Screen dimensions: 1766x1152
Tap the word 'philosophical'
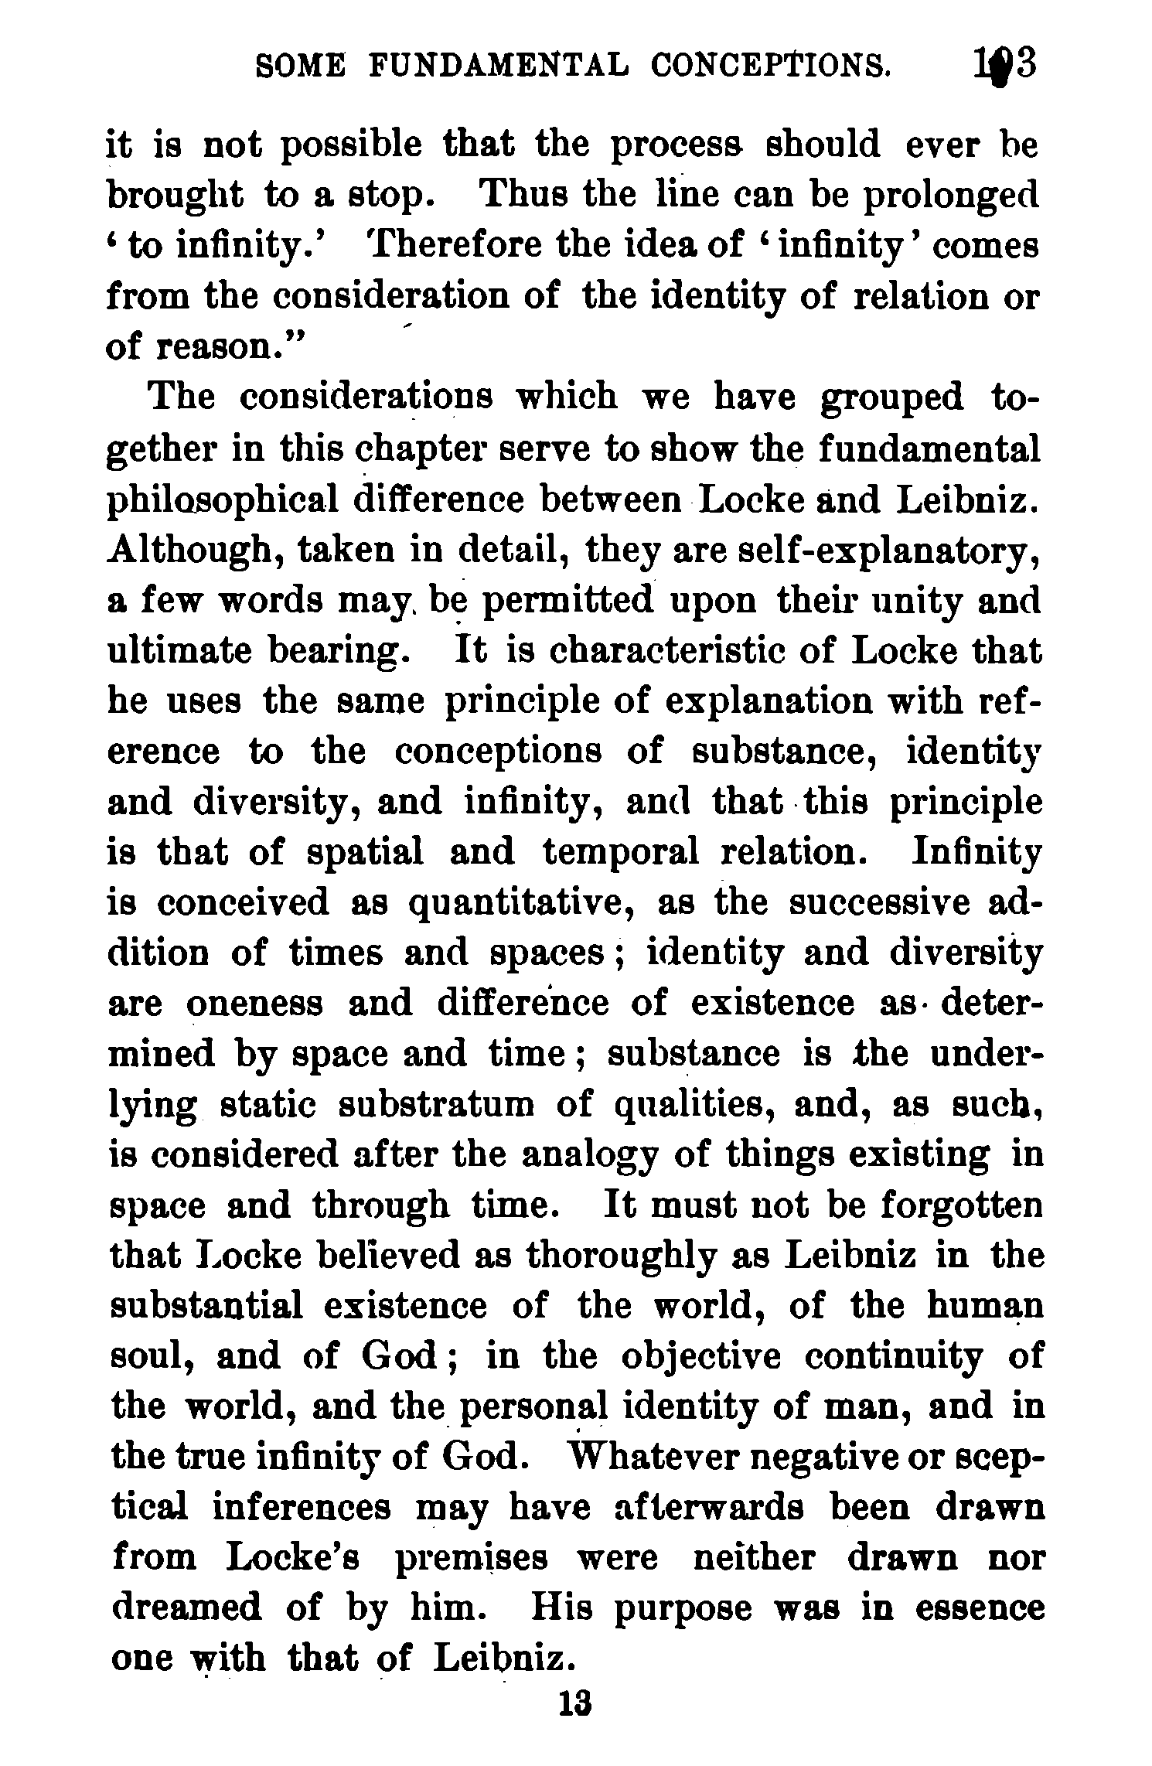pyautogui.click(x=223, y=500)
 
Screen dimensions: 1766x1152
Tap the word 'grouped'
pyautogui.click(x=892, y=399)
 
